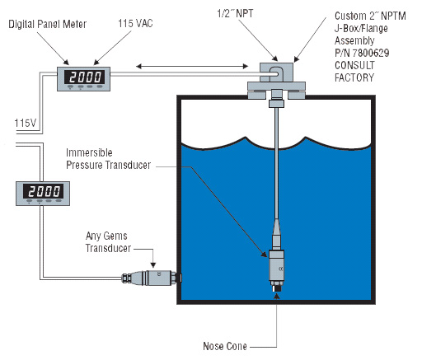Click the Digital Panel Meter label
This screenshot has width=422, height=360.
pos(48,24)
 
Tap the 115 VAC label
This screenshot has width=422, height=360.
pos(135,23)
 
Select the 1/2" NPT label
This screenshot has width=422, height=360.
pos(235,13)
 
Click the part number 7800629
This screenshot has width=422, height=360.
pos(371,53)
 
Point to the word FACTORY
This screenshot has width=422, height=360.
pos(354,77)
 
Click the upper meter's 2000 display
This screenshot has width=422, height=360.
pos(85,77)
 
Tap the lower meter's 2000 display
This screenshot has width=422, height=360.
pos(44,191)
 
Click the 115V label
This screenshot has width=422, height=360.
pos(26,123)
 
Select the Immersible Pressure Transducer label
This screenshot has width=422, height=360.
pos(108,159)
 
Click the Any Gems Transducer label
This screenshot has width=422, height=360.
pos(108,242)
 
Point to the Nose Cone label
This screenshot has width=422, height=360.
pos(225,346)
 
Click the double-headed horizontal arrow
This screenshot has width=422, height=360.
pos(192,66)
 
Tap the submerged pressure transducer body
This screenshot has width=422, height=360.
pos(276,265)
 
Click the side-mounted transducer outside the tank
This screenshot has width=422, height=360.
pos(151,278)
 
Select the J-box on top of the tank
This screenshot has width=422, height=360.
pos(276,72)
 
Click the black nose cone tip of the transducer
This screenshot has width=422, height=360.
pos(276,288)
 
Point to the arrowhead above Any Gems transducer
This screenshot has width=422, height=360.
pos(153,265)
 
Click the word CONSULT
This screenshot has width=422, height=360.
pos(354,65)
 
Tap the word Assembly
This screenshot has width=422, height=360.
pos(354,40)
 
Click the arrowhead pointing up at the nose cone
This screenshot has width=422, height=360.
pos(277,296)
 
